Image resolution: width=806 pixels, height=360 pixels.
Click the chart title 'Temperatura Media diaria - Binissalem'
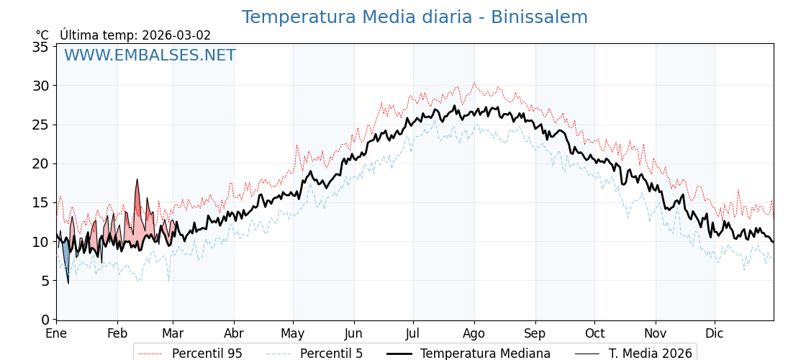point(415,17)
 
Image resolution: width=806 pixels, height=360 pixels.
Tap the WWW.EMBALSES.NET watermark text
point(150,55)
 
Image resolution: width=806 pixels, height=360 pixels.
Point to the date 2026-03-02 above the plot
point(176,35)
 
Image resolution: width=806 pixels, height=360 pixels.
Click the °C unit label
point(42,35)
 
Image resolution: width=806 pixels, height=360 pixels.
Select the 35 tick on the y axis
point(40,47)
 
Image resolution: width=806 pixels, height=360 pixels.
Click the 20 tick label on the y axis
point(40,163)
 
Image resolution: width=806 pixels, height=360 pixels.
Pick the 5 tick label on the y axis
point(45,280)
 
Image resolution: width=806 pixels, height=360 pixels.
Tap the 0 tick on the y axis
point(45,319)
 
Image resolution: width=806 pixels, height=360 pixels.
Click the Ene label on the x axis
point(56,333)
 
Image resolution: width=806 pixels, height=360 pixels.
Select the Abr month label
point(234,333)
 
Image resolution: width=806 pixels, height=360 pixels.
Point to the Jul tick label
point(413,333)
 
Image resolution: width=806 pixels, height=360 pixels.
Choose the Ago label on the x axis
point(474,333)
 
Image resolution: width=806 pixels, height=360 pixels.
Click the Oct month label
point(594,333)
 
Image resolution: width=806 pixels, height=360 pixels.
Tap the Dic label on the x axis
point(715,333)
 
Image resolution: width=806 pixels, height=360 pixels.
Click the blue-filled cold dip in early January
point(65,256)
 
